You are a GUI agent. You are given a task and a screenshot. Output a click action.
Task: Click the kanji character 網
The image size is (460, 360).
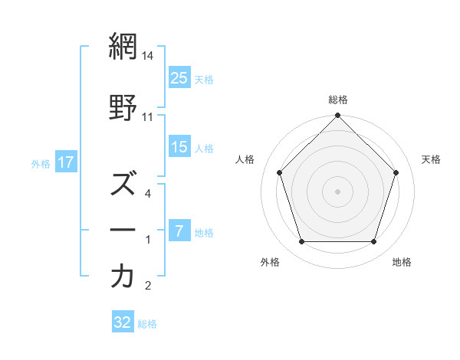click(x=123, y=47)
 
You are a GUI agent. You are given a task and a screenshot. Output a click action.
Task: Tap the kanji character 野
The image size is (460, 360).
click(x=123, y=108)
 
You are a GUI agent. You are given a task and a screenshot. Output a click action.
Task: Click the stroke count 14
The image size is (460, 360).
click(x=148, y=56)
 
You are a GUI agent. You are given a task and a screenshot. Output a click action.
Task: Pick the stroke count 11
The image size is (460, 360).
click(x=148, y=116)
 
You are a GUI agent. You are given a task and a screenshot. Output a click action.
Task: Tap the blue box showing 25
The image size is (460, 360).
click(x=179, y=78)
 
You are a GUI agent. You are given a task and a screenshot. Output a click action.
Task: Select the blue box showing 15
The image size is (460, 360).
click(x=179, y=147)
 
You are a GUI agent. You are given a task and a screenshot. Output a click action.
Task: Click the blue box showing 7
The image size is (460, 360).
click(x=179, y=231)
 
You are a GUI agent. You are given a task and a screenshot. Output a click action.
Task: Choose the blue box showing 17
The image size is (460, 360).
click(x=65, y=162)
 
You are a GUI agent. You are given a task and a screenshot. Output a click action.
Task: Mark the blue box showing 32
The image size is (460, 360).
click(x=123, y=322)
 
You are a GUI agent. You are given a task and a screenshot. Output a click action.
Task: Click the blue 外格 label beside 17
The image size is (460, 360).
click(x=41, y=163)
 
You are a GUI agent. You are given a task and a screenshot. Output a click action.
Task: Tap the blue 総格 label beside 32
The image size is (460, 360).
click(x=148, y=323)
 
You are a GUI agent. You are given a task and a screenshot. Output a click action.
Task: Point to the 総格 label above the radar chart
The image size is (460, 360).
click(x=338, y=100)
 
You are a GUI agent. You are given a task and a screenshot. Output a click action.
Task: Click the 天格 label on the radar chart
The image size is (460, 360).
click(x=431, y=159)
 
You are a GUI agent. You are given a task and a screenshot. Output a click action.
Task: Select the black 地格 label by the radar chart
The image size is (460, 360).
click(x=402, y=262)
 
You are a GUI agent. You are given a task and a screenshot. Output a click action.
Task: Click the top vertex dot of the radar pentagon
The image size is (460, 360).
click(x=338, y=116)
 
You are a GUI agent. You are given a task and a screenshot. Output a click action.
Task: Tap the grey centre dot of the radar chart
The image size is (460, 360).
click(x=338, y=191)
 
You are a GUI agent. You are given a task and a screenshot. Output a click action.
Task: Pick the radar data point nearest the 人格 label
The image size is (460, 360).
click(x=280, y=172)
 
